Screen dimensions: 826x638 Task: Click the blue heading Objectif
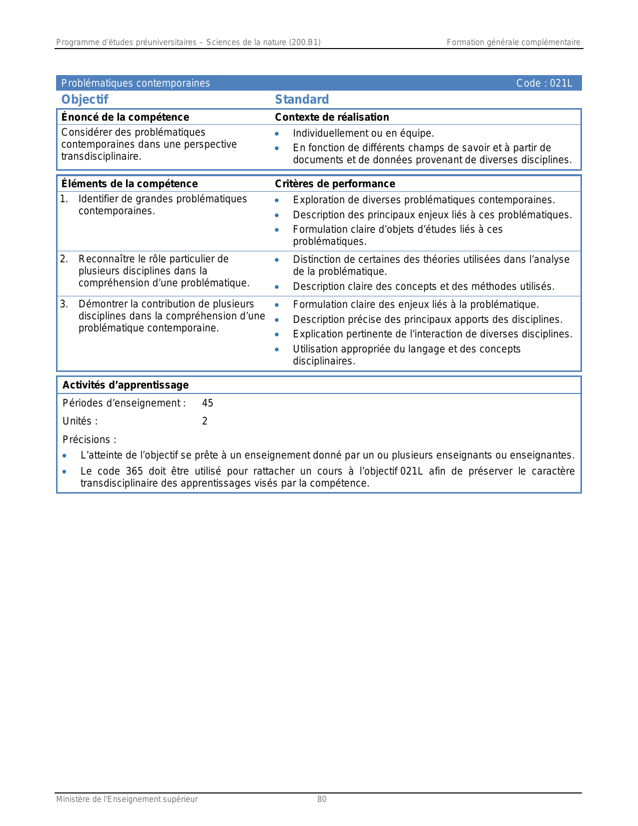point(85,100)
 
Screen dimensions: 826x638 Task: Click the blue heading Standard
point(302,100)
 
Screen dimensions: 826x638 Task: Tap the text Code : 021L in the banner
point(544,83)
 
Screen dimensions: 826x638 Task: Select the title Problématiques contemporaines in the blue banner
point(136,83)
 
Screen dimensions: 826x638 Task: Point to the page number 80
point(322,799)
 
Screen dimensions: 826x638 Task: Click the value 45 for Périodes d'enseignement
point(208,403)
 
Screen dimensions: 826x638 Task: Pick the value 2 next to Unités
point(205,421)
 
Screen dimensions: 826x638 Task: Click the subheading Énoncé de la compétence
point(125,117)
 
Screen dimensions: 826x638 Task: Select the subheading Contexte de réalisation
point(332,117)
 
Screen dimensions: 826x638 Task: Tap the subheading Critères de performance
point(335,184)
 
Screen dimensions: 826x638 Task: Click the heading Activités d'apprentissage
point(126,385)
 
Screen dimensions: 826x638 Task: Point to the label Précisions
point(89,440)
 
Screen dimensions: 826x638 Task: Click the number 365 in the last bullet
point(134,471)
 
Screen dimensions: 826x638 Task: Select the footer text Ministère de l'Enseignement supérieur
point(127,799)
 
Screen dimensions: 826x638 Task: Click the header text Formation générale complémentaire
point(513,43)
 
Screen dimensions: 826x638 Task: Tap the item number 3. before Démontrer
point(64,304)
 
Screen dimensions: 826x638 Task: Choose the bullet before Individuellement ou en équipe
point(277,134)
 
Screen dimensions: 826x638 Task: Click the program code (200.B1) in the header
point(305,43)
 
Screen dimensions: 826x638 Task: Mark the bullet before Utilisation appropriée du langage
point(277,349)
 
